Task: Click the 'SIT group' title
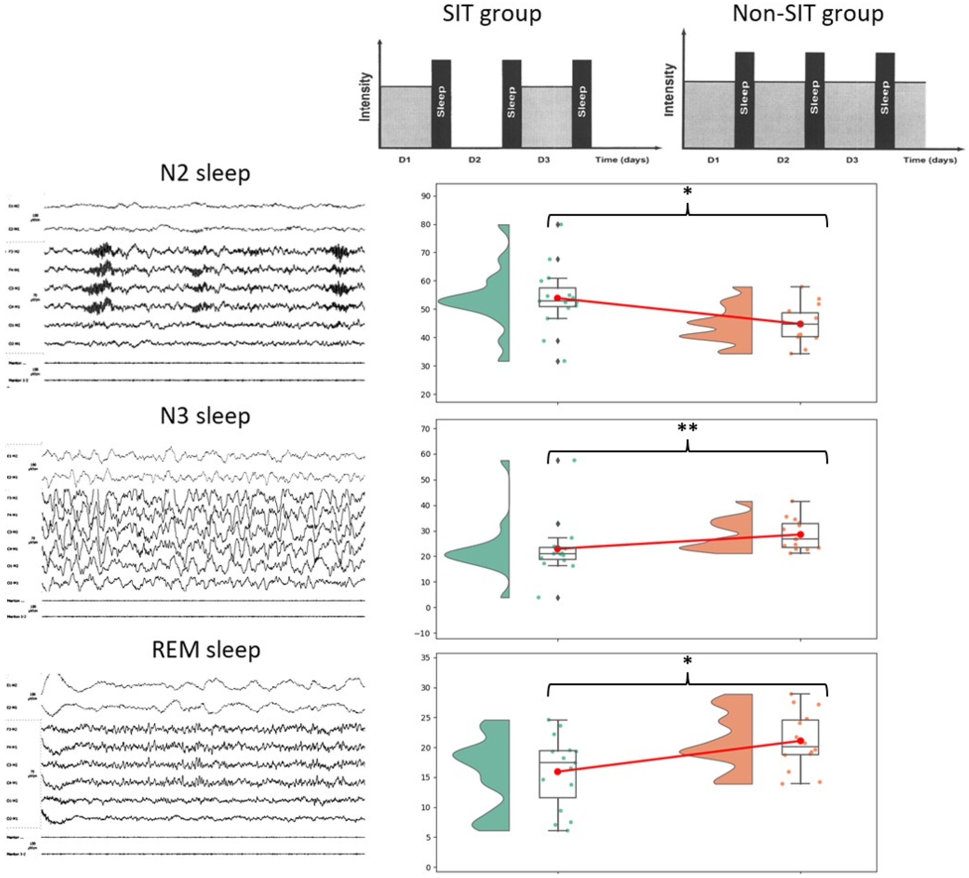(492, 14)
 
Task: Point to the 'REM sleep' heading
(206, 650)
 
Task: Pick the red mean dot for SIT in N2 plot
(557, 298)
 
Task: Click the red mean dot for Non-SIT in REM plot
(800, 740)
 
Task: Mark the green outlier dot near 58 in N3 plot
(574, 460)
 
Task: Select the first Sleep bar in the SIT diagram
(441, 103)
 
